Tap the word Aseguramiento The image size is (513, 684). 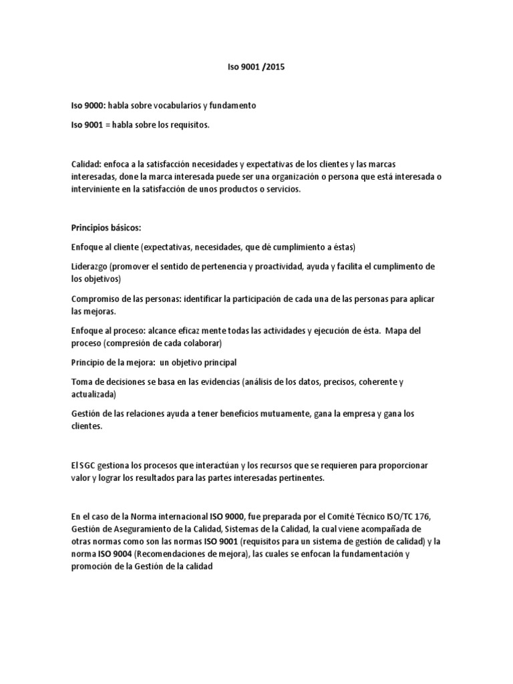(138, 528)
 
